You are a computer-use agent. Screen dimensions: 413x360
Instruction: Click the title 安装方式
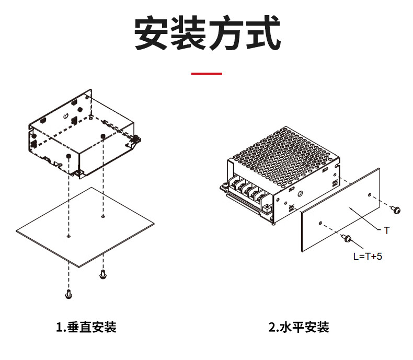pyautogui.click(x=208, y=32)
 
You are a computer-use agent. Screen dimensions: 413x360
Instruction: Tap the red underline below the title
pyautogui.click(x=207, y=74)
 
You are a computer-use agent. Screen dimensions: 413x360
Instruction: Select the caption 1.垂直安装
pyautogui.click(x=86, y=327)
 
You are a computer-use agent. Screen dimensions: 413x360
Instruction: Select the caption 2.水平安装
pyautogui.click(x=299, y=327)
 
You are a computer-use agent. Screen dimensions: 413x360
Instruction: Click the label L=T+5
pyautogui.click(x=368, y=257)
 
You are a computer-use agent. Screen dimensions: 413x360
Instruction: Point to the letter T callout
pyautogui.click(x=387, y=230)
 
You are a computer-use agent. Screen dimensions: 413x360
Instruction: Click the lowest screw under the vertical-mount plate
pyautogui.click(x=68, y=294)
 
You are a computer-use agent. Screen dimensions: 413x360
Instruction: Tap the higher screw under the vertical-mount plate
pyautogui.click(x=102, y=274)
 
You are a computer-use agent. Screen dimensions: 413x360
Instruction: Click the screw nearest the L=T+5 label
pyautogui.click(x=347, y=238)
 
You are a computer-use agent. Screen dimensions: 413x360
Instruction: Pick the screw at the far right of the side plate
pyautogui.click(x=395, y=210)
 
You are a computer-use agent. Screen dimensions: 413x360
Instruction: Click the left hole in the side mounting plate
pyautogui.click(x=320, y=223)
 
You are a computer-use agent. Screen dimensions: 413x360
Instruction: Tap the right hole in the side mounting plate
pyautogui.click(x=370, y=195)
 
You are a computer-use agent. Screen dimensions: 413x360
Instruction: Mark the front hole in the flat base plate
pyautogui.click(x=68, y=236)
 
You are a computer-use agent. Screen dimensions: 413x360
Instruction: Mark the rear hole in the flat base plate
pyautogui.click(x=103, y=216)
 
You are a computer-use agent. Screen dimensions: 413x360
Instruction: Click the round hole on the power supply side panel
pyautogui.click(x=300, y=194)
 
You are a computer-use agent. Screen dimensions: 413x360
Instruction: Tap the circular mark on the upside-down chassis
pyautogui.click(x=65, y=115)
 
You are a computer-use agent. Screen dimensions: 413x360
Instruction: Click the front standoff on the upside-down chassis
pyautogui.click(x=68, y=156)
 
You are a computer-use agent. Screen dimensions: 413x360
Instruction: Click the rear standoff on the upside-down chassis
pyautogui.click(x=102, y=136)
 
